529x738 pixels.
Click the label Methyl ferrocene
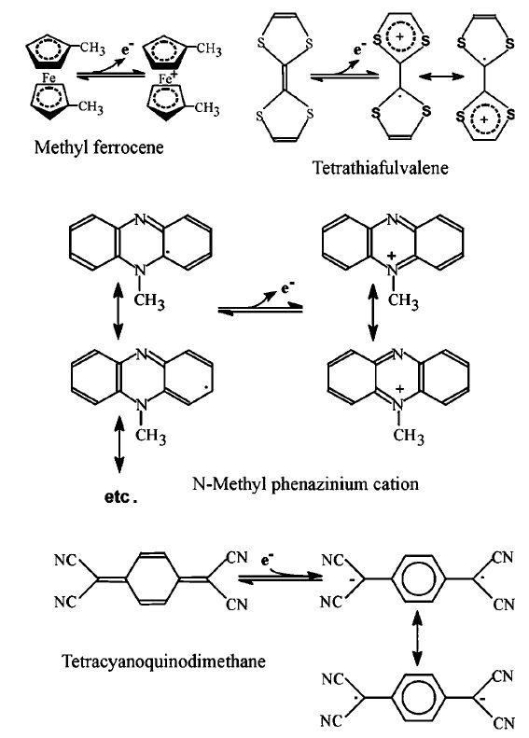(99, 147)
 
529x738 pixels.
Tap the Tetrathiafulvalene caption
(381, 168)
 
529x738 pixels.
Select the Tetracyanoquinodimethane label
(164, 661)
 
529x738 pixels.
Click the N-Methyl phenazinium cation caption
(305, 483)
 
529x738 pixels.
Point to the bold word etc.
(120, 497)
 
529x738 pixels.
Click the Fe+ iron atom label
(166, 77)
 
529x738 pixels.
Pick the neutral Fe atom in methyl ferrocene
(49, 77)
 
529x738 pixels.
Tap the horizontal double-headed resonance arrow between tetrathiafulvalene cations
(441, 76)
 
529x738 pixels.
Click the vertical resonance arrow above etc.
(119, 444)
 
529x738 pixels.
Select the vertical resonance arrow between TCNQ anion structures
(417, 637)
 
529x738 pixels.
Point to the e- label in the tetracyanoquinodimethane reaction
(268, 560)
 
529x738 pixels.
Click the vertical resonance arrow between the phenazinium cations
(373, 313)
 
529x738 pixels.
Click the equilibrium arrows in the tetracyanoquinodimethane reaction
(281, 578)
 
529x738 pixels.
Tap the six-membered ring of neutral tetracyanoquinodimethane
(152, 578)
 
